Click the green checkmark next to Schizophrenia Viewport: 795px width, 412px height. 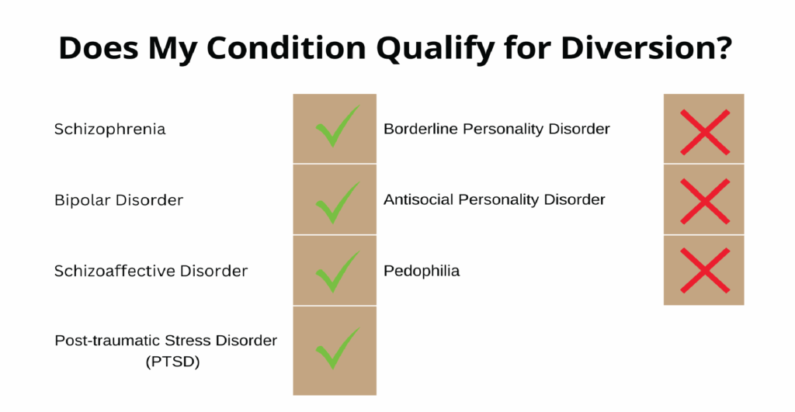click(335, 128)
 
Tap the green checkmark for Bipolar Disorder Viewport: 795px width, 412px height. click(335, 199)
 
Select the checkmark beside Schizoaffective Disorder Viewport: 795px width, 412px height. click(335, 271)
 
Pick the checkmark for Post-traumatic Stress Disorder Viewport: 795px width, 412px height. click(335, 349)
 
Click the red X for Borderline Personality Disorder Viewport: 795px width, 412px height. click(703, 130)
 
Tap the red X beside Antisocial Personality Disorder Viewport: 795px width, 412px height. click(703, 200)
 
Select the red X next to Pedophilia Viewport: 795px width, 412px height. click(703, 270)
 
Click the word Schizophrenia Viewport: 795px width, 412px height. click(109, 129)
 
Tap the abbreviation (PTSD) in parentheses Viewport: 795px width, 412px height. click(166, 361)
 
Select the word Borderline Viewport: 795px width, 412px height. click(421, 129)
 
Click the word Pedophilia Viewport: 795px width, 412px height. click(422, 272)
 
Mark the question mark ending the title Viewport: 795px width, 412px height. click(724, 48)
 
